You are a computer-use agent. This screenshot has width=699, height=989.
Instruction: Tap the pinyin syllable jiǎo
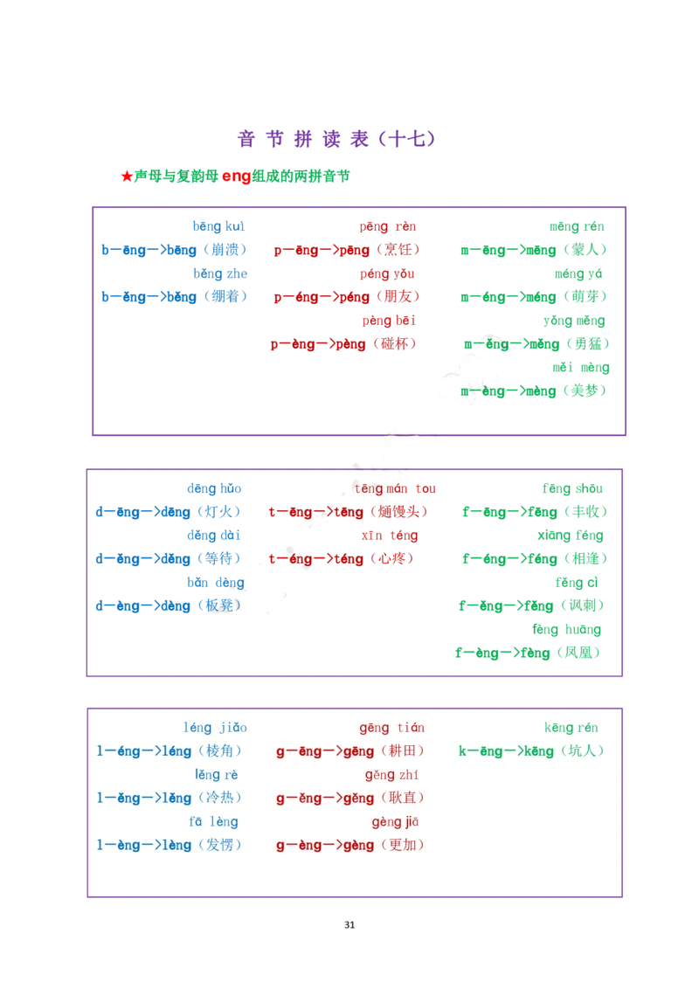coord(233,728)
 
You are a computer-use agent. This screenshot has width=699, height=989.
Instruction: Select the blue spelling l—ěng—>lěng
coord(144,798)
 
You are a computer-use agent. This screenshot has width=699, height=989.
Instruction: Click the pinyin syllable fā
coord(196,822)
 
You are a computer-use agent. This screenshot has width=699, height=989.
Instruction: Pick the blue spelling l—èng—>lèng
coord(144,845)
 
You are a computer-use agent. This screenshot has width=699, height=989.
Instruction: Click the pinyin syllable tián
coord(411,728)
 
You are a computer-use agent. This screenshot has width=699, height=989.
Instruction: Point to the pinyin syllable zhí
coord(408,775)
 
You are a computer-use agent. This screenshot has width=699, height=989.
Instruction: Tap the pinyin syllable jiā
coord(412,822)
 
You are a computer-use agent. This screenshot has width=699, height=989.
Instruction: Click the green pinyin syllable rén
coord(588,728)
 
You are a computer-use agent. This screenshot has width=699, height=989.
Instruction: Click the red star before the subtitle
coord(127,176)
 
